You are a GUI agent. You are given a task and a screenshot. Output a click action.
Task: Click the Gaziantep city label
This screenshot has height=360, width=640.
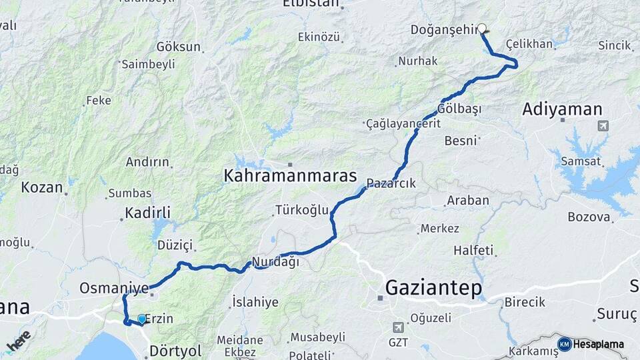click(434, 288)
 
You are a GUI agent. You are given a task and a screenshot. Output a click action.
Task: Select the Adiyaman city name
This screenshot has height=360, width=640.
click(562, 109)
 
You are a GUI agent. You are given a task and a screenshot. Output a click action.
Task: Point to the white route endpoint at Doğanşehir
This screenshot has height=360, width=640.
click(482, 29)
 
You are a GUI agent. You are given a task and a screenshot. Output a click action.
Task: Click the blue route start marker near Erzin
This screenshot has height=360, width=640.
click(141, 319)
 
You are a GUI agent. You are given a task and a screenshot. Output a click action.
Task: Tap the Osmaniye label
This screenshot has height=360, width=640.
click(113, 288)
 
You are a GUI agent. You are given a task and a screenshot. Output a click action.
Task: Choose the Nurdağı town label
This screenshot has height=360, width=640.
click(276, 262)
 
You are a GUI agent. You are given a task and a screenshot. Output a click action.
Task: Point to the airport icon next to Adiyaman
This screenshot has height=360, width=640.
click(603, 125)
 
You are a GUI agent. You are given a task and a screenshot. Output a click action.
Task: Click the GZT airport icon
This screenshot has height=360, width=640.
click(398, 327)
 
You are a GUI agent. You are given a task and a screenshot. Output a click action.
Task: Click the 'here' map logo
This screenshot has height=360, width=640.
click(19, 341)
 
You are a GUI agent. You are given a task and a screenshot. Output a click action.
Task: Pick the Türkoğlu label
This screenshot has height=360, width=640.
click(302, 210)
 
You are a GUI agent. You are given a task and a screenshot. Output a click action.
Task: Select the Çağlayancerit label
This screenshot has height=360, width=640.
click(403, 124)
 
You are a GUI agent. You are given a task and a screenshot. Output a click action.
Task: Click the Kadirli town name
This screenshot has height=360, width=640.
click(148, 213)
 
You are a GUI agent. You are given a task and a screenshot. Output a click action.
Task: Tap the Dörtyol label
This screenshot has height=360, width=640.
click(175, 349)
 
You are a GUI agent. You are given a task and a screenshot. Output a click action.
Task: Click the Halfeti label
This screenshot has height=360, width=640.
click(473, 251)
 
